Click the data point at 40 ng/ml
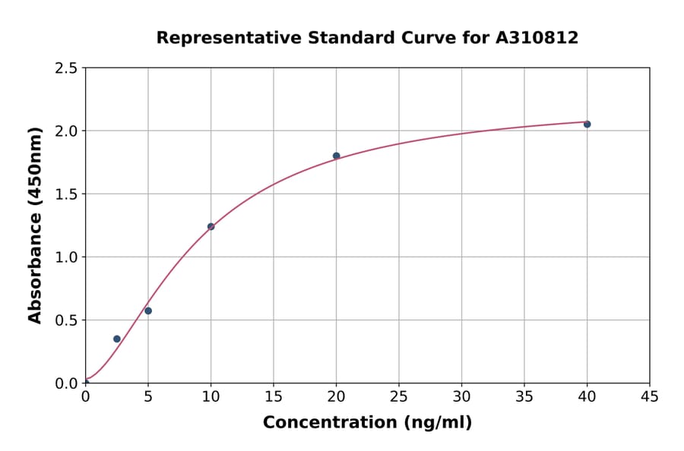pos(587,124)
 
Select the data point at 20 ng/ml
pos(336,156)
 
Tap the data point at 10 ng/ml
pos(211,226)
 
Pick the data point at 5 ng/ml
pos(148,311)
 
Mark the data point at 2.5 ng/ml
pos(116,339)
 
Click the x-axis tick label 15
pos(274,396)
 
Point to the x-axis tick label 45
pos(649,396)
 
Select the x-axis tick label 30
pos(461,396)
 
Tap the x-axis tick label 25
pos(399,396)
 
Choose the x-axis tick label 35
pos(524,396)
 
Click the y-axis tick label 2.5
pos(66,68)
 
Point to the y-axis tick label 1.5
pos(66,194)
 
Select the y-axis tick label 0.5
pos(66,320)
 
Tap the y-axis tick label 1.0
pos(66,257)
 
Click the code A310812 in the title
pos(537,38)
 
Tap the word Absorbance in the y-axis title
pos(35,269)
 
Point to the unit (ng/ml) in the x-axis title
pos(438,423)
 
